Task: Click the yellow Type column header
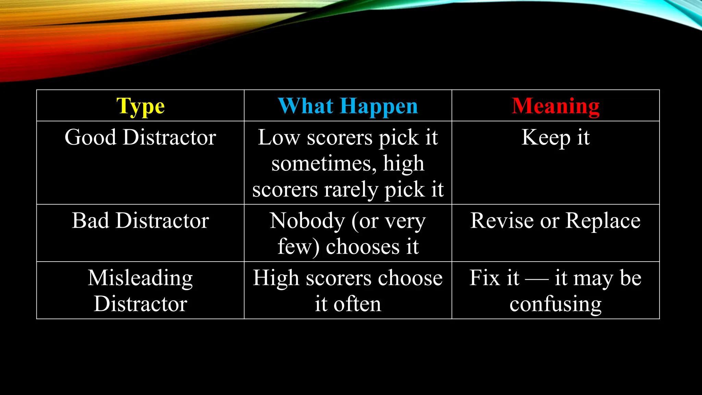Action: (141, 106)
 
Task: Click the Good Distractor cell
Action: (140, 137)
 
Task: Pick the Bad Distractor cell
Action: (140, 220)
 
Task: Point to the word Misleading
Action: (140, 278)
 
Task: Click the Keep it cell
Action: (555, 137)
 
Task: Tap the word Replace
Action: (603, 220)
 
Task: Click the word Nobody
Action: (307, 220)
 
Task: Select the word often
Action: (357, 304)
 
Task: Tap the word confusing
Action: (555, 304)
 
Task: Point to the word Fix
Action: (484, 278)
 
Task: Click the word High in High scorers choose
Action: (276, 278)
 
